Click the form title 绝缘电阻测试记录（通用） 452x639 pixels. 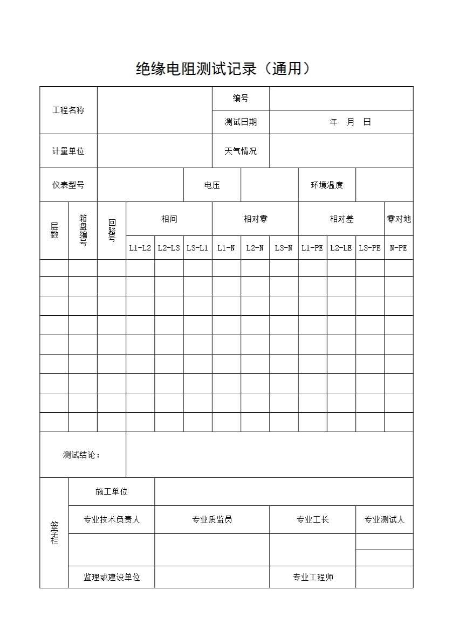[x=223, y=69]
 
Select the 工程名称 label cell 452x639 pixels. [x=69, y=110]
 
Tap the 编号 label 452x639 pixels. [x=241, y=98]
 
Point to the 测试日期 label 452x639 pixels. [x=241, y=122]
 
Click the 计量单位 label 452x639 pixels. [x=69, y=151]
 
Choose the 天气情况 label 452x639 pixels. [x=241, y=151]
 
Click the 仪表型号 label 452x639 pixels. [x=69, y=185]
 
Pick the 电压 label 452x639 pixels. [x=212, y=185]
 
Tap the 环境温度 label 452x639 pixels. [x=327, y=185]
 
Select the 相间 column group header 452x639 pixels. [x=169, y=219]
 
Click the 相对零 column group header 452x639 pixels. [x=255, y=219]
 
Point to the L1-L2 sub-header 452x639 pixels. [x=140, y=248]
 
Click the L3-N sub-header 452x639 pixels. [x=284, y=248]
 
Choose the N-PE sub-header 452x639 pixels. [x=399, y=248]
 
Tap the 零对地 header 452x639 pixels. [x=399, y=219]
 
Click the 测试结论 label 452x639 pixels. [x=82, y=455]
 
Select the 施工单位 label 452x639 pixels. [x=112, y=491]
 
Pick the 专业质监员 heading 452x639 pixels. [x=212, y=519]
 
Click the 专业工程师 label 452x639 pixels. [x=313, y=577]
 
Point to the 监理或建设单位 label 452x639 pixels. [x=112, y=577]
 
